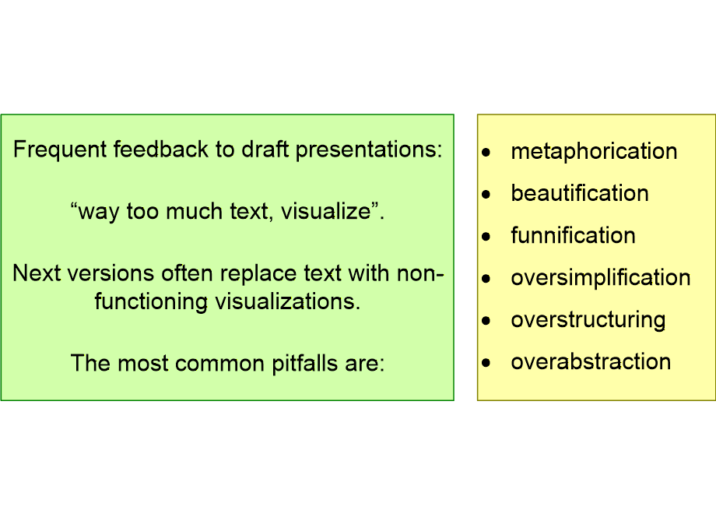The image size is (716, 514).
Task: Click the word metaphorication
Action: (594, 151)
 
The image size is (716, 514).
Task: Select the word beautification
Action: (580, 193)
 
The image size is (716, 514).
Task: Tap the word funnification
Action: (573, 235)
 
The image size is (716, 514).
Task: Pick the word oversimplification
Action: (601, 278)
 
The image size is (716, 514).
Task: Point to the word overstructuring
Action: (588, 320)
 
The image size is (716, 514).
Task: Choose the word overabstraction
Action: (591, 362)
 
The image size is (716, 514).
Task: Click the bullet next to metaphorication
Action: (486, 152)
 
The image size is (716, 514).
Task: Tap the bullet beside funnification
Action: (486, 236)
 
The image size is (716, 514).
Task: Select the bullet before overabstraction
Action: (486, 363)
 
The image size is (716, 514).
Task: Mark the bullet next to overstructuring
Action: (486, 321)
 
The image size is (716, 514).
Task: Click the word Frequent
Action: (60, 150)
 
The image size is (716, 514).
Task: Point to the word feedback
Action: (161, 149)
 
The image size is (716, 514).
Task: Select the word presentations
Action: (369, 150)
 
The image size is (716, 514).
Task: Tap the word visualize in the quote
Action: (325, 211)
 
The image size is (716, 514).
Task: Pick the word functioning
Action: (151, 302)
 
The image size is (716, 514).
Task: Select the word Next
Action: (37, 273)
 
